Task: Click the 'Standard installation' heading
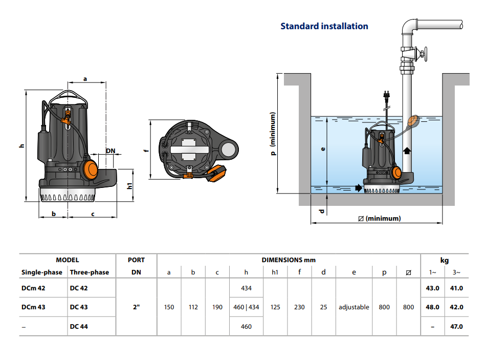324,26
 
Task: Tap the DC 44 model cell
79,326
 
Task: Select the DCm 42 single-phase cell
33,288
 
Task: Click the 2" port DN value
136,307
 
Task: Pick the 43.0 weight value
433,288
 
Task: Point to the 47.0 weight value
456,326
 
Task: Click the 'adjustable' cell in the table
354,307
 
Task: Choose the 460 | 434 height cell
246,307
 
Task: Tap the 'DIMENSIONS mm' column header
289,260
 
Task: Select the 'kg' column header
445,260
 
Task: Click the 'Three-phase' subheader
89,272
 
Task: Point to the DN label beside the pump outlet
111,151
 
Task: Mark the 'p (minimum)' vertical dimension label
273,134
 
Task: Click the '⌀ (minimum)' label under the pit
380,218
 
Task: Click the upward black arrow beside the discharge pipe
407,151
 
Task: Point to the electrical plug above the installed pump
385,95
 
